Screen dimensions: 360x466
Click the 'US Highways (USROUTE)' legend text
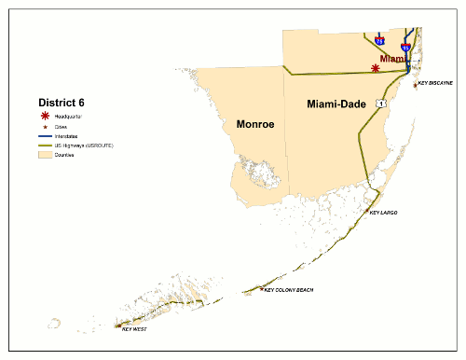85,145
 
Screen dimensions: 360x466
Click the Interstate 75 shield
379,41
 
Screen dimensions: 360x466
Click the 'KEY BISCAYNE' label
436,83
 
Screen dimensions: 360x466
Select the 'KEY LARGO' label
383,214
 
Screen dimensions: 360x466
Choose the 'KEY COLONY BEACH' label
290,290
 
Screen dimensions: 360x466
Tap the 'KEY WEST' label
135,329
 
